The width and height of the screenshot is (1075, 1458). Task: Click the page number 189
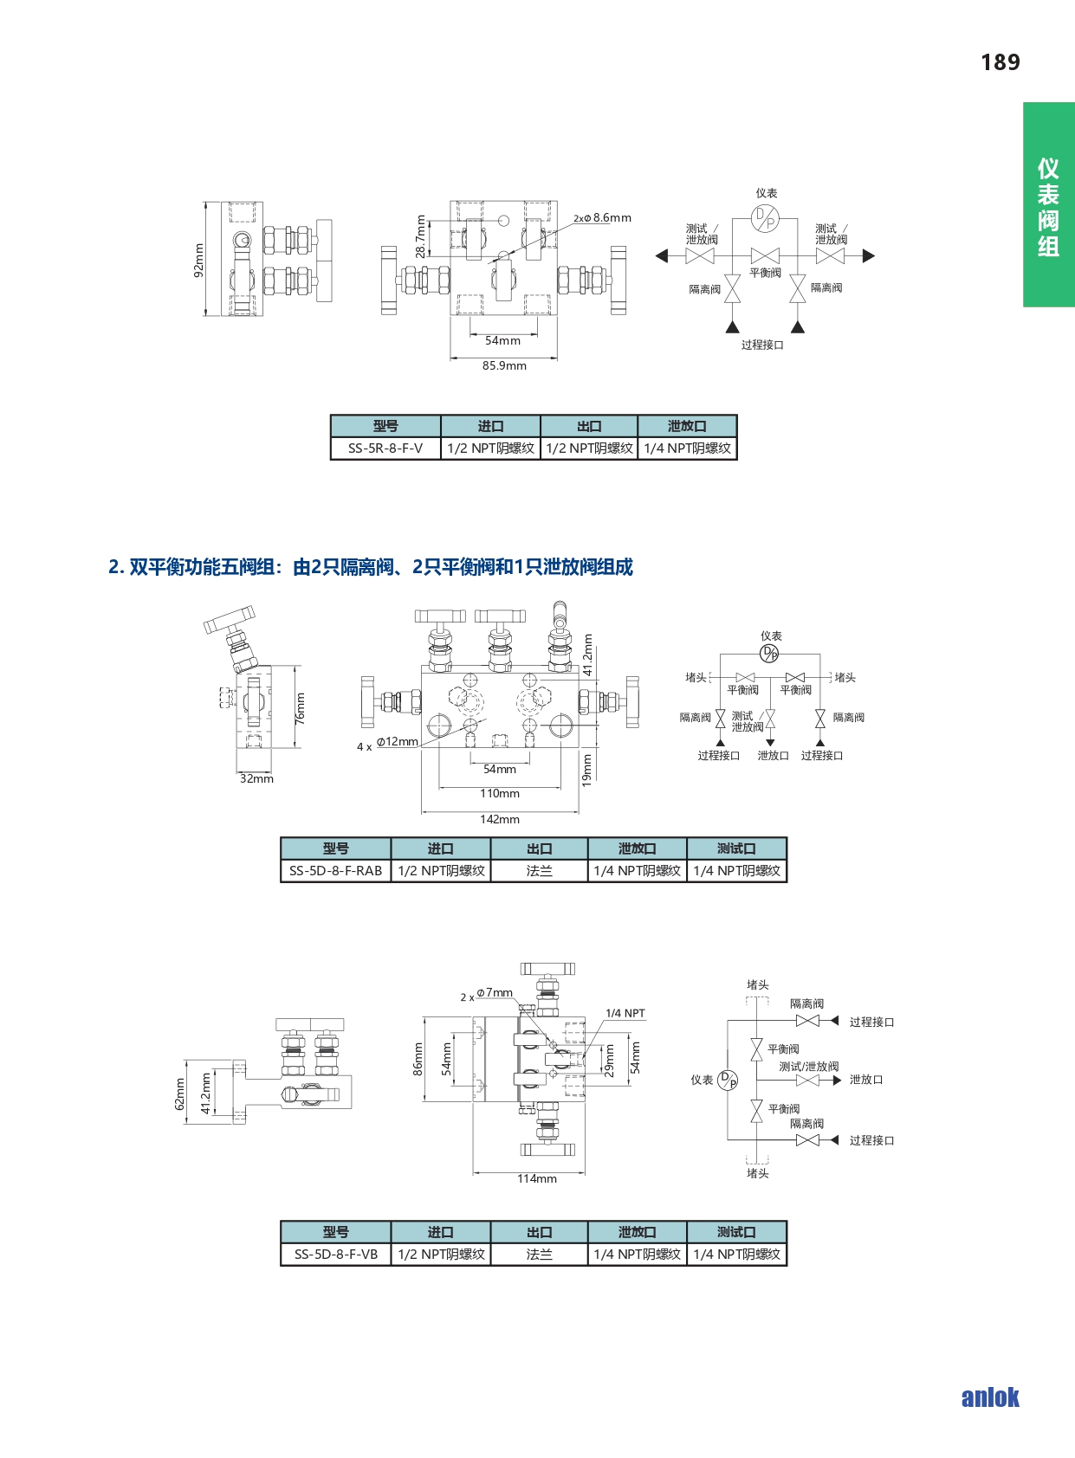1001,62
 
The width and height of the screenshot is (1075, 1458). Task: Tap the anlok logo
990,1397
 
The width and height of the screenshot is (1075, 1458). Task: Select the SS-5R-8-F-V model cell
385,448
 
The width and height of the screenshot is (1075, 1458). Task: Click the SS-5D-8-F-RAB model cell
335,871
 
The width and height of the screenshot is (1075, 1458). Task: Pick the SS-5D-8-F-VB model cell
335,1255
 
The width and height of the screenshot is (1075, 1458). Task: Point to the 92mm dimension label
198,260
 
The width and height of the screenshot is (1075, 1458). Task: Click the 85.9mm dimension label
505,366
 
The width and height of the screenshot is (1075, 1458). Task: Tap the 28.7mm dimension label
421,236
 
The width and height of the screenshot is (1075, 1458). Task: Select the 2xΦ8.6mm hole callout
602,218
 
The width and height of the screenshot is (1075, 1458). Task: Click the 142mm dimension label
500,819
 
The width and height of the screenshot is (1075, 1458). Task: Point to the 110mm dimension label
500,793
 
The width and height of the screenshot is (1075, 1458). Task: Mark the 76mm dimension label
300,708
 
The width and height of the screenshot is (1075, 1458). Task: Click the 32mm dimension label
256,778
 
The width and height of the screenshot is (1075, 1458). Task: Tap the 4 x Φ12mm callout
387,744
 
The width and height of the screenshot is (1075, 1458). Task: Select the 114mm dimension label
537,1178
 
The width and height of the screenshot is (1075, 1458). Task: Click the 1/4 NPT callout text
625,1014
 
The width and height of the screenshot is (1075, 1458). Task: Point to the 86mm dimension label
418,1059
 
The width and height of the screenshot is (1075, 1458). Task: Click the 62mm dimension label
179,1093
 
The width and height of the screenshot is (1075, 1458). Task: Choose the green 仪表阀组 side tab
1048,204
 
